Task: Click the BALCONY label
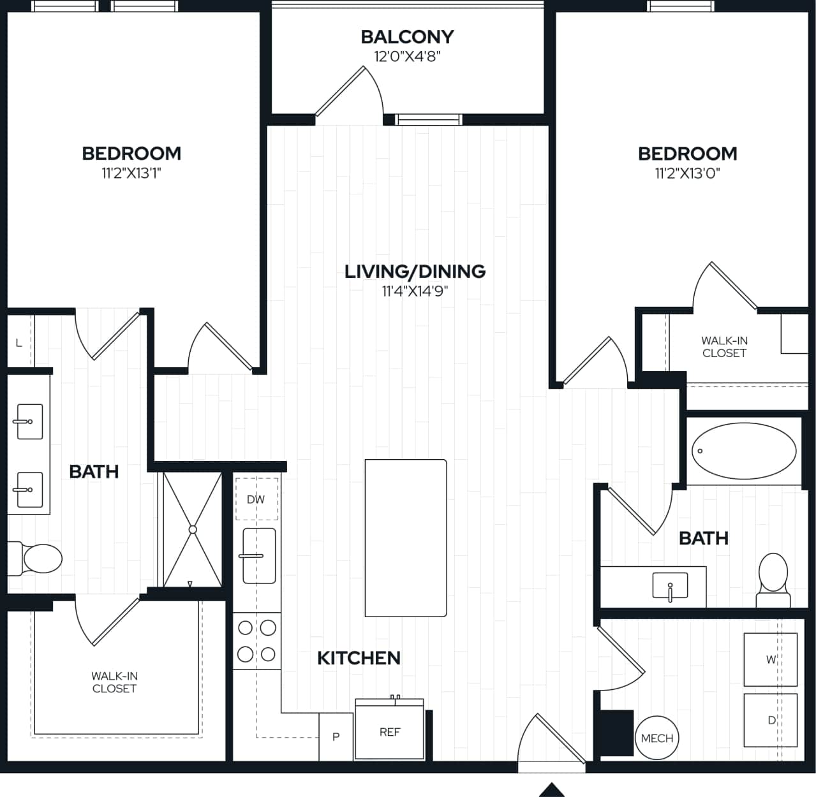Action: pos(407,37)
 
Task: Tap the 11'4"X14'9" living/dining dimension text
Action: pos(415,291)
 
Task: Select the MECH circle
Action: pos(657,738)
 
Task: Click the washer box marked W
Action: pos(770,659)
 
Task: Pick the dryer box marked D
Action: pos(770,720)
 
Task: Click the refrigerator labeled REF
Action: pos(389,731)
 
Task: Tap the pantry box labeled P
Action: pos(336,736)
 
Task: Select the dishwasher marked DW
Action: pos(256,499)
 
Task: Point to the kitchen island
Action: pos(405,537)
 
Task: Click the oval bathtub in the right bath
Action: pos(744,450)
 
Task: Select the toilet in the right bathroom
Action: pos(773,578)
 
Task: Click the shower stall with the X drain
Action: pos(192,529)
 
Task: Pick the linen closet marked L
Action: pos(19,342)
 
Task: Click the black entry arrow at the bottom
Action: pos(553,789)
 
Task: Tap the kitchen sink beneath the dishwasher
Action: pos(259,555)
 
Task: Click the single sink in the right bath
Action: pos(670,585)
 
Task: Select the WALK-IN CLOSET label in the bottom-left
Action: pos(114,682)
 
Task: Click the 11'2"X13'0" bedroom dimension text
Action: pos(687,173)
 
